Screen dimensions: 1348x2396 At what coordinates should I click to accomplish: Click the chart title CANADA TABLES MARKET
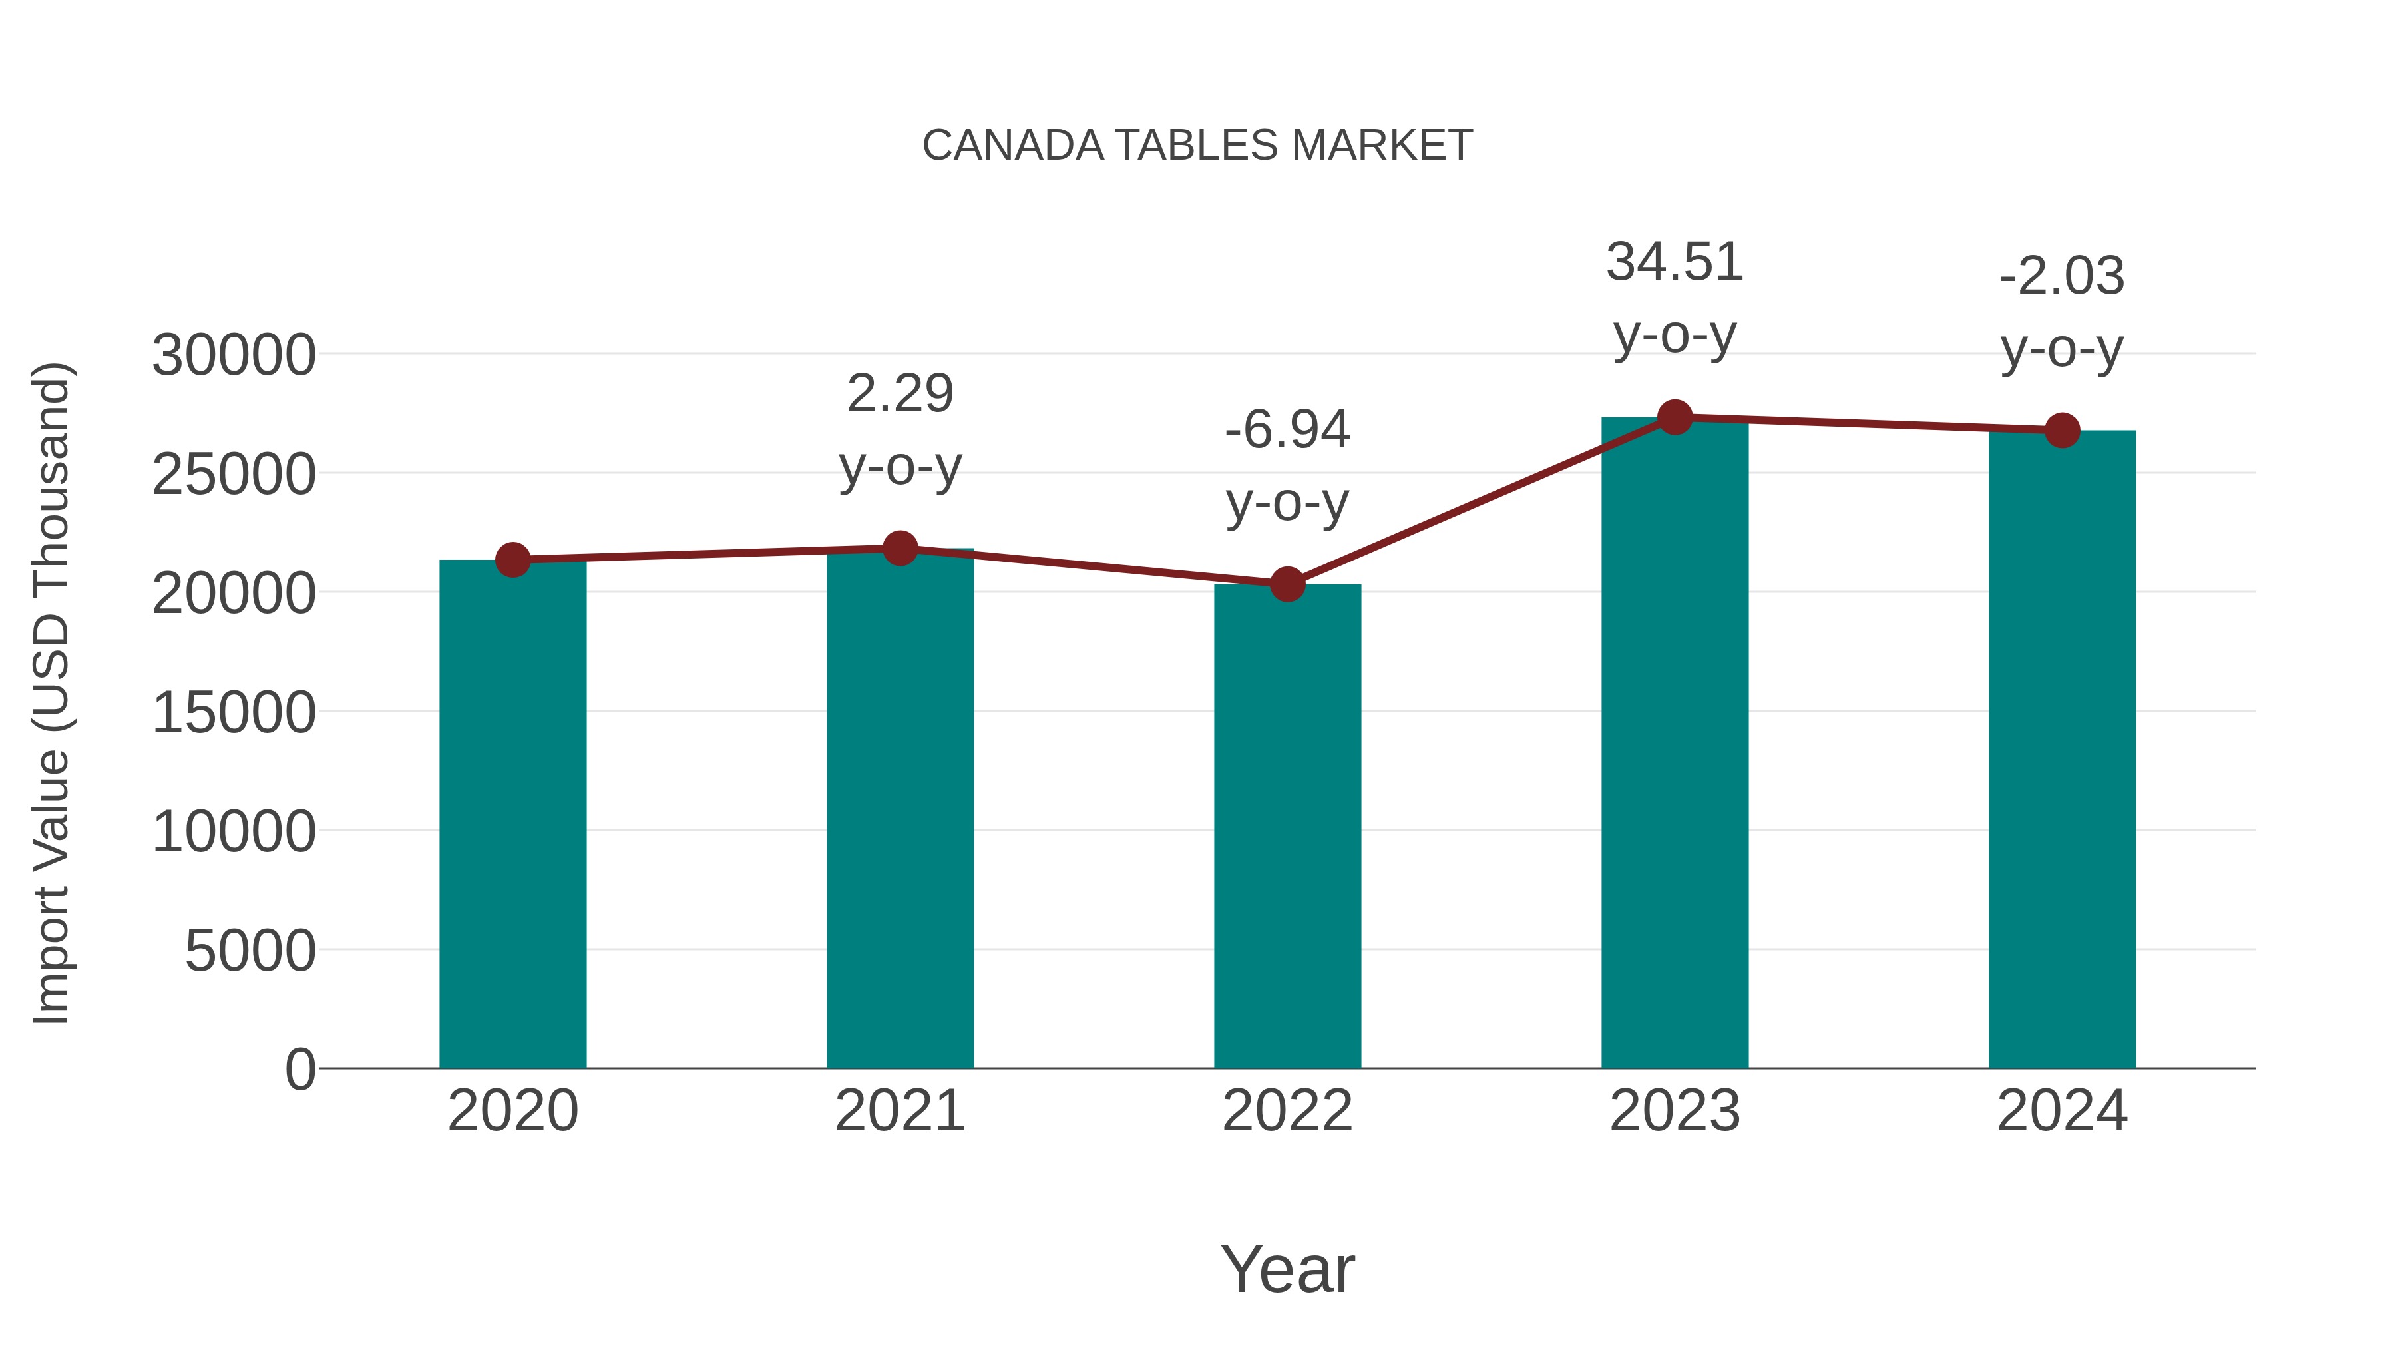coord(1197,146)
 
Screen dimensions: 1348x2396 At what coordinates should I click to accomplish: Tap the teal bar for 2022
coord(1287,828)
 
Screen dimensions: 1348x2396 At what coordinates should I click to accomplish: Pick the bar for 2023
coord(1675,744)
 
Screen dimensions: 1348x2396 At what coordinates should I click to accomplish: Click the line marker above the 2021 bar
coord(899,549)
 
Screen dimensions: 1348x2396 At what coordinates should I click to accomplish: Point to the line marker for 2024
coord(2062,431)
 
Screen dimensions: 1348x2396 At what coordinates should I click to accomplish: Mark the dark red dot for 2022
coord(1287,584)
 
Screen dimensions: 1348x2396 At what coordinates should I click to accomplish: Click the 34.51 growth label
coord(1675,262)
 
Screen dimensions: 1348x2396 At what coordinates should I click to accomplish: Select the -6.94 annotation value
coord(1287,431)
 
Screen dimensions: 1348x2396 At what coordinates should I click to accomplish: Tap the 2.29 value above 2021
coord(899,395)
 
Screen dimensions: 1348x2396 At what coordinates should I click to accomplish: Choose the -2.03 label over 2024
coord(2062,277)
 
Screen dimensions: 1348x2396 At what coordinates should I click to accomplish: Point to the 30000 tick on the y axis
coord(234,355)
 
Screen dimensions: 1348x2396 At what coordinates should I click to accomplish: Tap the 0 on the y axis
coord(299,1070)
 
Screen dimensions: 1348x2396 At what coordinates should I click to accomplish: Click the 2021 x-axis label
coord(899,1111)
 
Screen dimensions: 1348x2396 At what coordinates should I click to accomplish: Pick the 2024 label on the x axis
coord(2062,1111)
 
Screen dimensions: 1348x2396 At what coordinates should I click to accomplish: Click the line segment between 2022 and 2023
coord(1481,501)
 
